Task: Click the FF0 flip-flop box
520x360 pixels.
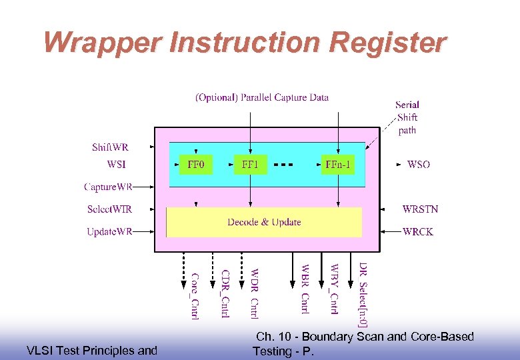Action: tap(195, 164)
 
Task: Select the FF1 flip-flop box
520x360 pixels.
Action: tap(250, 164)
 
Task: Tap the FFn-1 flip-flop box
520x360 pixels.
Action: tap(338, 164)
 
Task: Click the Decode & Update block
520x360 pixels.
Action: tap(264, 222)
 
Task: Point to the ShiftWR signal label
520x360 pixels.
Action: tap(110, 147)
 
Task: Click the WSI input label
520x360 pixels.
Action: tap(116, 164)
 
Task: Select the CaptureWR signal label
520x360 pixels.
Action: tap(108, 187)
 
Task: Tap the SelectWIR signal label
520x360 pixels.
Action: tap(109, 209)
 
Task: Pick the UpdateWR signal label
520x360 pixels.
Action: tap(109, 232)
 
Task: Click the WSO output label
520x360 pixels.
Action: tap(419, 164)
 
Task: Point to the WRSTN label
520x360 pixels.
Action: tap(421, 209)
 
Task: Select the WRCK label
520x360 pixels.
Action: tap(418, 232)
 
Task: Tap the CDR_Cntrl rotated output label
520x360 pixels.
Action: tap(225, 293)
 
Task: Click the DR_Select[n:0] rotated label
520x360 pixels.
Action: tap(362, 294)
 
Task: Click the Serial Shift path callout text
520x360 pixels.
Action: tap(407, 117)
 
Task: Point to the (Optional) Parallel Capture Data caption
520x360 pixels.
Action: tap(262, 97)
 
